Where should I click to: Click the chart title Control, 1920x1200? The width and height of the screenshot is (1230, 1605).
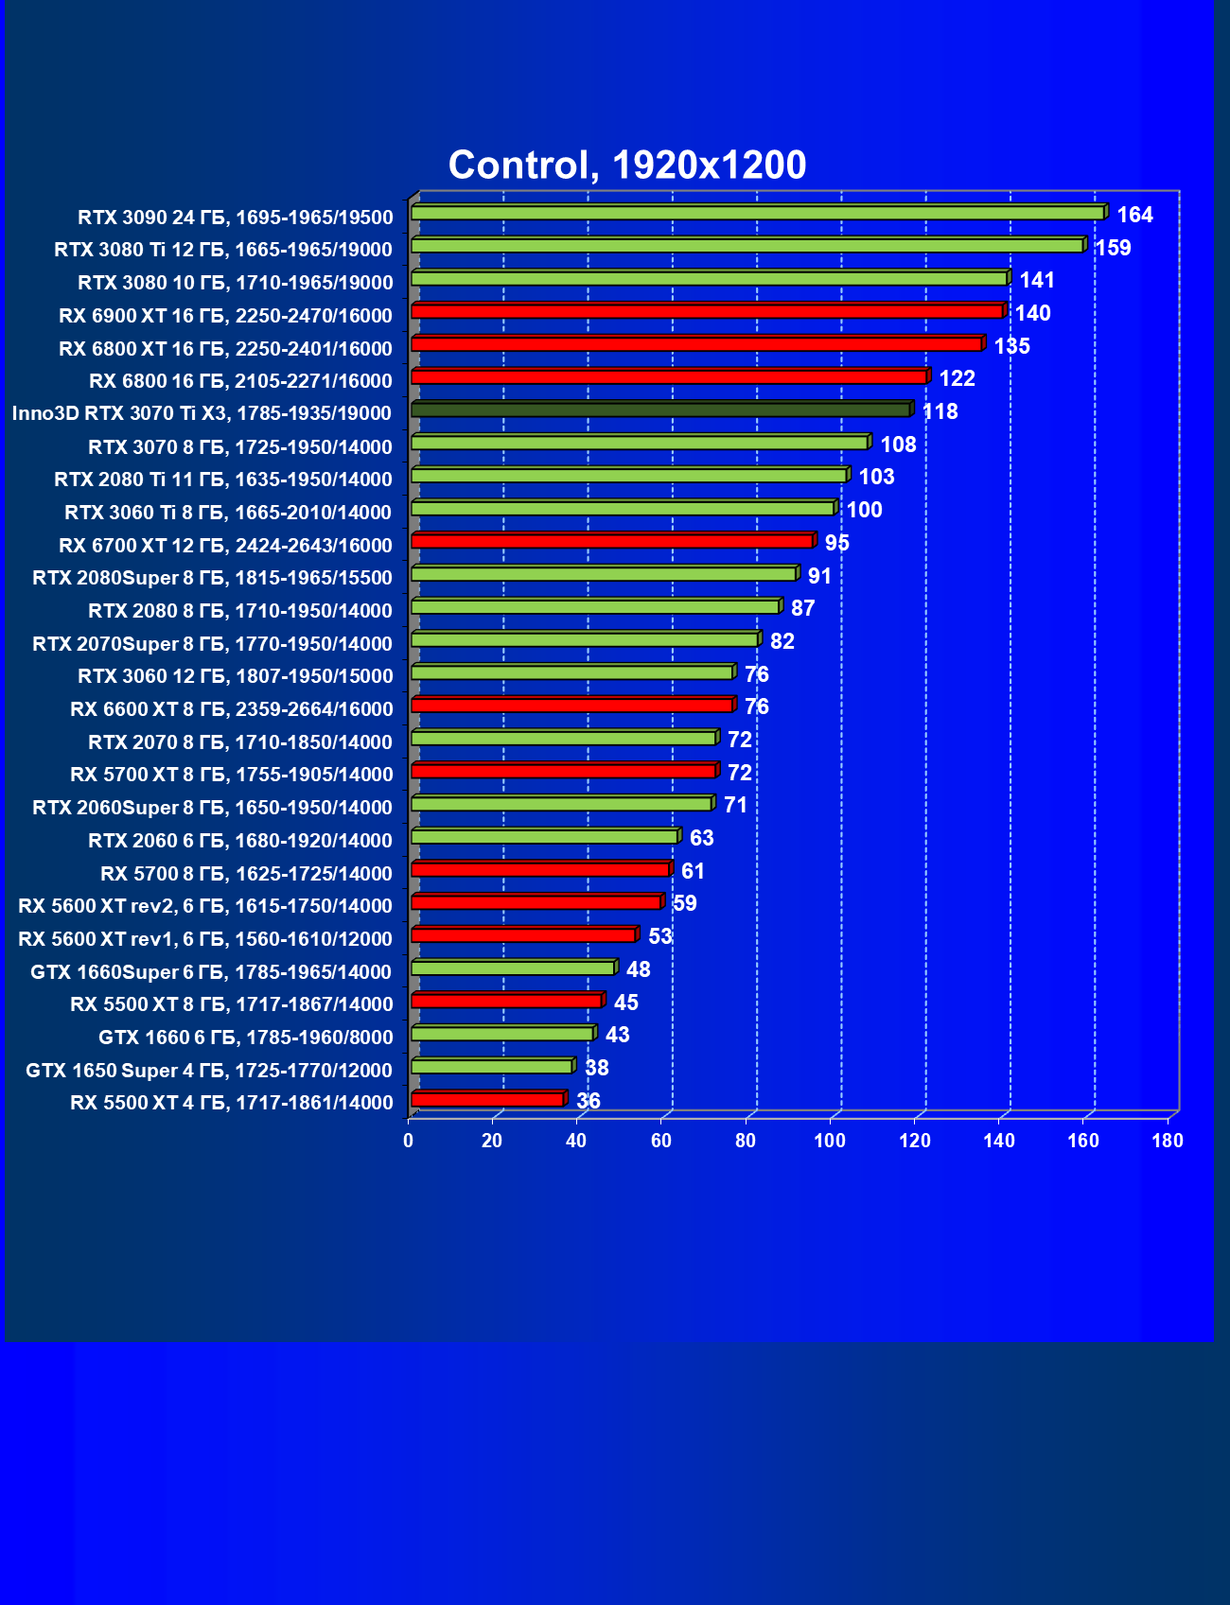click(626, 166)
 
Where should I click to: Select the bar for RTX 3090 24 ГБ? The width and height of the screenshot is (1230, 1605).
click(757, 213)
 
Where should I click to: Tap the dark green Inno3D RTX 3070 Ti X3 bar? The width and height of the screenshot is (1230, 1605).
click(660, 410)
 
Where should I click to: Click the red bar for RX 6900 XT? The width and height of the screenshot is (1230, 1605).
click(707, 311)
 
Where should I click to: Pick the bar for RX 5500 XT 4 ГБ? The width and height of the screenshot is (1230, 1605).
click(487, 1099)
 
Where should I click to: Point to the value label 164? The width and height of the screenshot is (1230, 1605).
click(1134, 216)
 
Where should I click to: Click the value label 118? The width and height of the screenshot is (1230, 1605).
click(940, 412)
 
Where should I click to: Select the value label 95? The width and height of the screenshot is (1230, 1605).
click(836, 544)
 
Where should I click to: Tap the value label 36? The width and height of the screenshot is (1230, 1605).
click(588, 1101)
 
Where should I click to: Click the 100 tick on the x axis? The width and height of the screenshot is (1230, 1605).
click(830, 1141)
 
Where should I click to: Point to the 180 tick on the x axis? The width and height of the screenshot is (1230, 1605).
click(1168, 1141)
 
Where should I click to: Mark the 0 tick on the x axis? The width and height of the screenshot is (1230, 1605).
click(409, 1141)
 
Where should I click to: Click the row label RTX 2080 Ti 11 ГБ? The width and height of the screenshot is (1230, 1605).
click(223, 480)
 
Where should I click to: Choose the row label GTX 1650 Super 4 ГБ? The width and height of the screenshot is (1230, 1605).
click(209, 1071)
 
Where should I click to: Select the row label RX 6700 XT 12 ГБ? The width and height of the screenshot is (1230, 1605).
click(225, 546)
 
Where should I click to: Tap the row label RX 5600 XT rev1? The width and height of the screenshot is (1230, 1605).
click(205, 939)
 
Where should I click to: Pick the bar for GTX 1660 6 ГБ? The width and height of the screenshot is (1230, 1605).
click(502, 1034)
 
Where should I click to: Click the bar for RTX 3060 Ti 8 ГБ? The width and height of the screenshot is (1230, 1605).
click(623, 508)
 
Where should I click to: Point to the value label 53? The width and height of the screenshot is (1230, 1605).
click(659, 937)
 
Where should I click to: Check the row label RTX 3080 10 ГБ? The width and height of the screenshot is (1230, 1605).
click(235, 283)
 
